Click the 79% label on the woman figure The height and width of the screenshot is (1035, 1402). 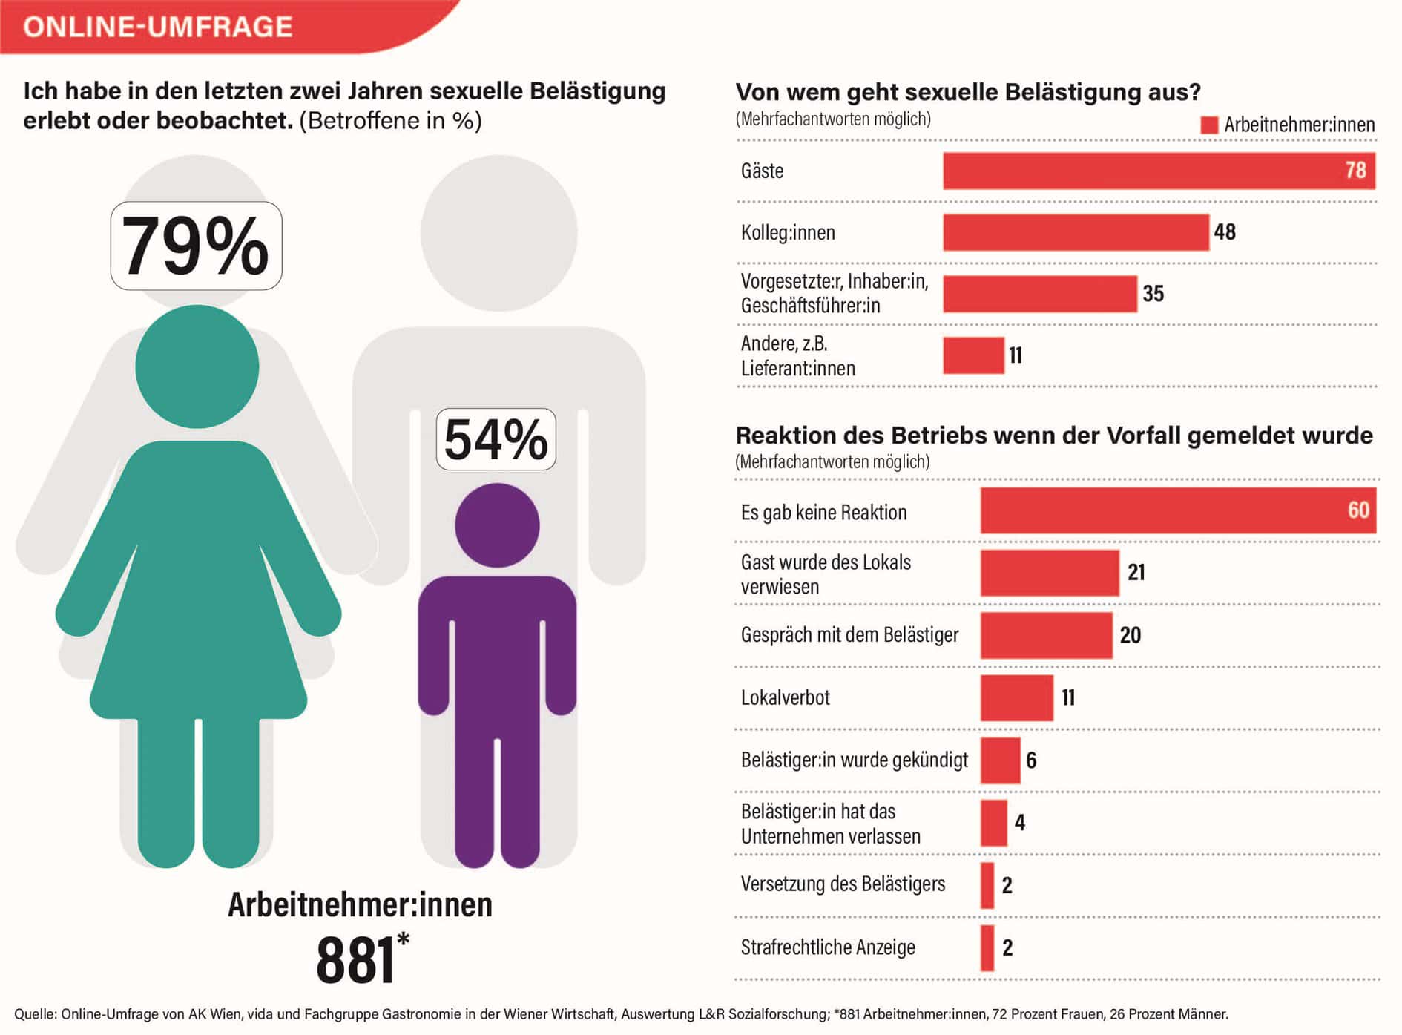196,246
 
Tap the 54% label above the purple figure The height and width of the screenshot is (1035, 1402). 496,439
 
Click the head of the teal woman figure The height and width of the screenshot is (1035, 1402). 197,367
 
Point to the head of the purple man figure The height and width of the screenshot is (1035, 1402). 497,525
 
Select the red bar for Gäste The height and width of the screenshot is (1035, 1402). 1159,171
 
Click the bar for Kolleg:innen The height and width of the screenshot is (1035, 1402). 1076,232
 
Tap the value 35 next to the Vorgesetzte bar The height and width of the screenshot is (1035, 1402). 1153,294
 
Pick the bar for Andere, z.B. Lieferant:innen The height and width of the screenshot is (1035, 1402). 973,355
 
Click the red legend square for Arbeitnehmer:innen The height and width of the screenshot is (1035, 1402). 1209,125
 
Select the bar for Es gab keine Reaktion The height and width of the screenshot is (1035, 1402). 1178,510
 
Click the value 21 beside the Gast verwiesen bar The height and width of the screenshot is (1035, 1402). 1136,572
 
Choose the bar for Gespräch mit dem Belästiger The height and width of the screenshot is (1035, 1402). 1046,635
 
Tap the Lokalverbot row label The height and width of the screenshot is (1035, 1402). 785,697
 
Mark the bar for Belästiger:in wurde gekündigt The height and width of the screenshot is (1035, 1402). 1000,760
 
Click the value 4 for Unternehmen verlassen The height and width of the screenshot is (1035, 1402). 1020,822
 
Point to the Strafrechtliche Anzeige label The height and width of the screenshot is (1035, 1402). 828,947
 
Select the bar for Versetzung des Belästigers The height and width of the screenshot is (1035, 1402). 987,885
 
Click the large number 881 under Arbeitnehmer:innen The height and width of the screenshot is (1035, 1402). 355,960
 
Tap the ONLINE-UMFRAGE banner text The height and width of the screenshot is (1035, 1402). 158,27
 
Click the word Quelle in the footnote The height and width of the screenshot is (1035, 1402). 34,1014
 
